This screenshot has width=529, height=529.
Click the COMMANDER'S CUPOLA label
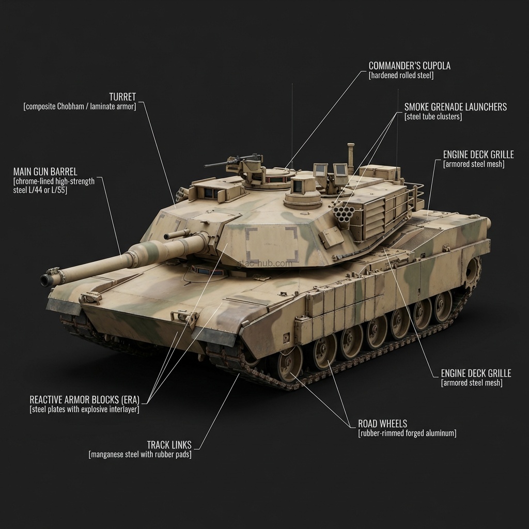point(409,66)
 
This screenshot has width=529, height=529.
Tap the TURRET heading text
point(122,97)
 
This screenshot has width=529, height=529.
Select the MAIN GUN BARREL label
point(45,171)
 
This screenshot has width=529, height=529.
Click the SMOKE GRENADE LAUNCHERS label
point(455,107)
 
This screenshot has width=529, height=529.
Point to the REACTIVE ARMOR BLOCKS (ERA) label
point(84,399)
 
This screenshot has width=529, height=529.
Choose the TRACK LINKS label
point(169,445)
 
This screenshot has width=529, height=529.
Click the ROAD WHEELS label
point(382,424)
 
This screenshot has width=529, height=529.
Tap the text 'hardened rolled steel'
point(401,76)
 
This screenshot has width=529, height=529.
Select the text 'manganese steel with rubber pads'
point(140,455)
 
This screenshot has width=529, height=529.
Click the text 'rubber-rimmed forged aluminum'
point(407,433)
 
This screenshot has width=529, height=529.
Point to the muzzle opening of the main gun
point(45,281)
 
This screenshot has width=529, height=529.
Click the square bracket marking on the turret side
point(271,243)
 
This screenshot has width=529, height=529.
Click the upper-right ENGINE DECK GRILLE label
point(478,154)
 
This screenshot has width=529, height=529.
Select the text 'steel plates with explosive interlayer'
point(84,410)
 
